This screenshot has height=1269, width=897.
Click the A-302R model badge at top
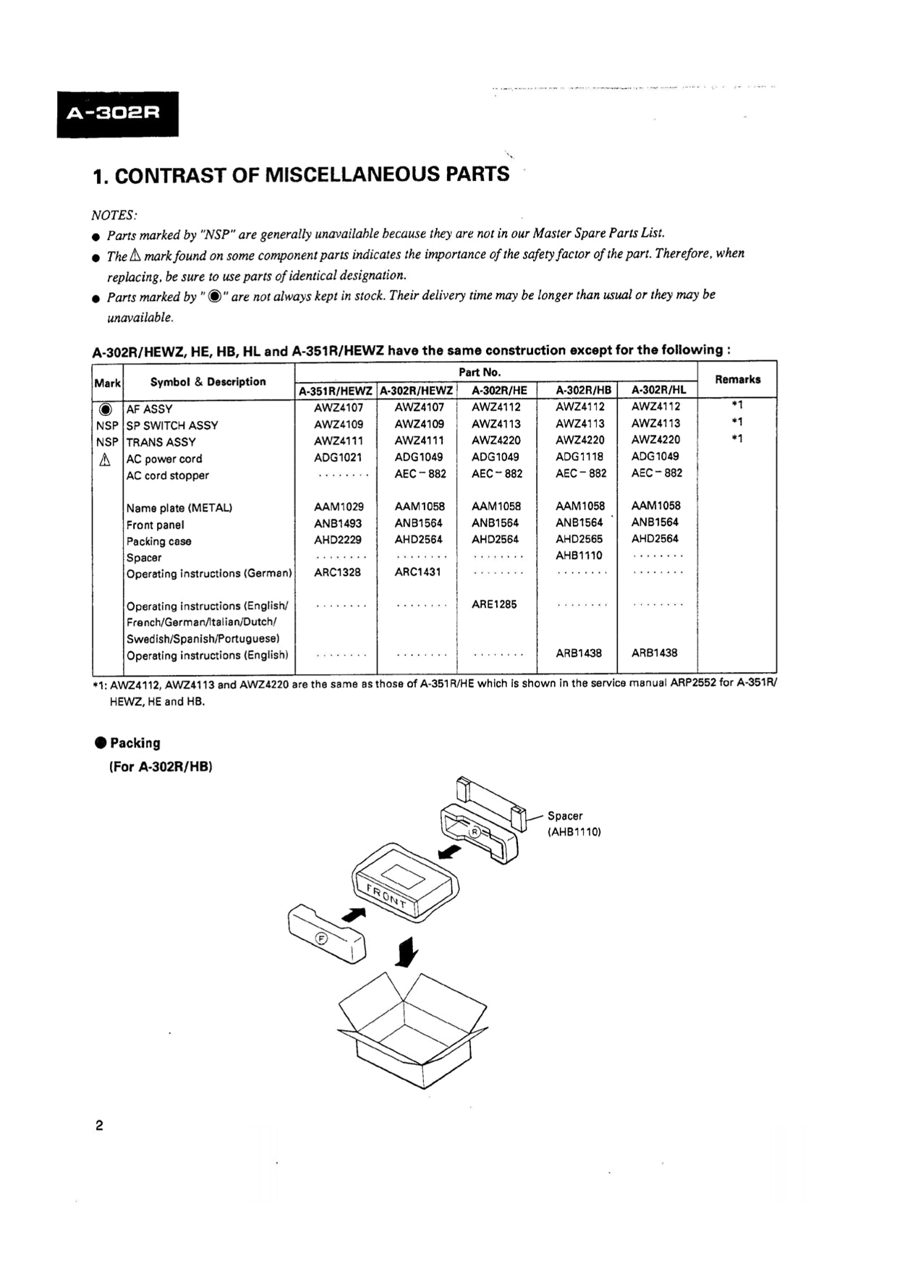[x=117, y=114]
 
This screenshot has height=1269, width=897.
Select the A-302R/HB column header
[x=583, y=390]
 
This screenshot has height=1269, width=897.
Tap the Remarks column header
[x=737, y=379]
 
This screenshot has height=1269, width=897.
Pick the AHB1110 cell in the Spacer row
[x=579, y=556]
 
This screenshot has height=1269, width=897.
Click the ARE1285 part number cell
[x=494, y=604]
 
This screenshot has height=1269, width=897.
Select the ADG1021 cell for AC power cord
[x=338, y=457]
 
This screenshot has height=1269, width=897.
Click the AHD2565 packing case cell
[x=579, y=539]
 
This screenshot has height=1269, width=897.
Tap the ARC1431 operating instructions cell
[x=418, y=572]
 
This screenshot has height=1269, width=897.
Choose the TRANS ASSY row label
[x=161, y=442]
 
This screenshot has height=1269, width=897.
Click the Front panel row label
[x=155, y=525]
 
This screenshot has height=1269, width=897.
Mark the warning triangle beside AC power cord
[x=106, y=459]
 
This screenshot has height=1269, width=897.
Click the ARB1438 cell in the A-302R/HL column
[x=654, y=653]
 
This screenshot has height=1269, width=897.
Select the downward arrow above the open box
[x=407, y=951]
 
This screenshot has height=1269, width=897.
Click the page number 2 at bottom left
[x=99, y=1125]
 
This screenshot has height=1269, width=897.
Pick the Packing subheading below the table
[x=135, y=743]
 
